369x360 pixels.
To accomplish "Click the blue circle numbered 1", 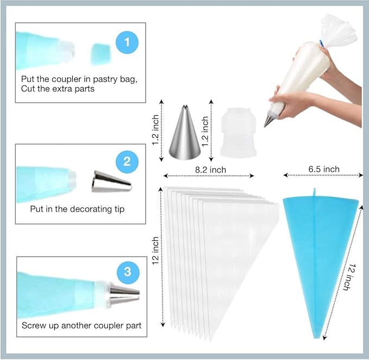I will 127,42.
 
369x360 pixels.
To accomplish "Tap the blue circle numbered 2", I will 127,162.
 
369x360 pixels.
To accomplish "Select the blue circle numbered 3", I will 127,271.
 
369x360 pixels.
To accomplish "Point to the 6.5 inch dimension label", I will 323,169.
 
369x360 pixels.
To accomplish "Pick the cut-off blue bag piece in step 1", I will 101,53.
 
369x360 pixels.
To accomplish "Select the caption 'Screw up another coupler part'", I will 82,326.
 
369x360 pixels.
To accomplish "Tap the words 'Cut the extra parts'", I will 58,89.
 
